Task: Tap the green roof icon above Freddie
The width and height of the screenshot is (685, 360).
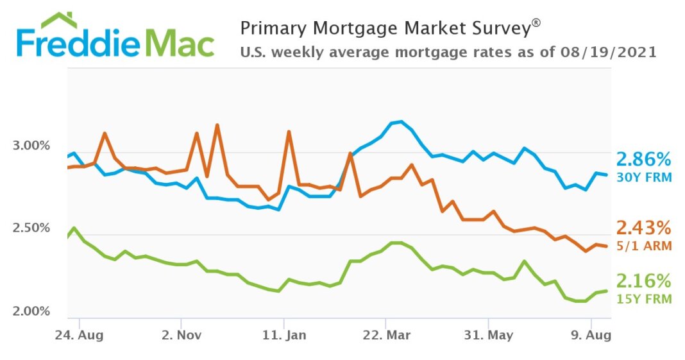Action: coord(59,20)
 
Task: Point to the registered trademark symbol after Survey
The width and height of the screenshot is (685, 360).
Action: coord(536,23)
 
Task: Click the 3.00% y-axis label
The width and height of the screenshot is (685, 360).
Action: coord(31,146)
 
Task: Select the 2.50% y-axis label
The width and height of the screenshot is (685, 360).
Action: coord(31,228)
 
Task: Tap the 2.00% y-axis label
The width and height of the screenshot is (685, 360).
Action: coord(31,311)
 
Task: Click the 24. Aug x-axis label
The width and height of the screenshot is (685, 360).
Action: coord(79,334)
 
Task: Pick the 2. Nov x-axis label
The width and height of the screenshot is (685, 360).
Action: coord(182,334)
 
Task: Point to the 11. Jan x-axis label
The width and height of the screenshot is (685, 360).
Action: coord(283,334)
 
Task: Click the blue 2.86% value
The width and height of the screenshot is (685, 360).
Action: coord(643,160)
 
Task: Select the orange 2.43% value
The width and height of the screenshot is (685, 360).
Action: coord(643,228)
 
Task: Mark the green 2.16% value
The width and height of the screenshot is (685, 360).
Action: coord(643,281)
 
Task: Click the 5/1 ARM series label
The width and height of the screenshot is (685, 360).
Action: coord(644,246)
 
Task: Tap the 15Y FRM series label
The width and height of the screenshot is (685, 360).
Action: coord(644,299)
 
